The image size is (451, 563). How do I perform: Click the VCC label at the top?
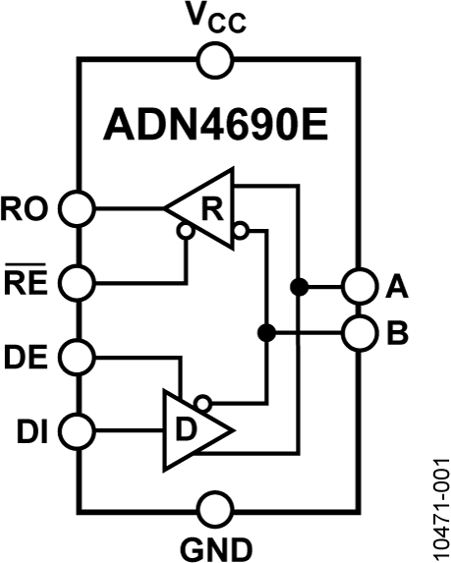click(x=215, y=19)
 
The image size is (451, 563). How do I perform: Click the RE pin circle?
click(x=78, y=283)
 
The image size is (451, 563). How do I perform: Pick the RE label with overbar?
click(x=29, y=283)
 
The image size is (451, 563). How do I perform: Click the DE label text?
click(x=29, y=355)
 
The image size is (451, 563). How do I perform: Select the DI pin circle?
click(x=78, y=428)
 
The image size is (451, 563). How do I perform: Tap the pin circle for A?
click(x=357, y=286)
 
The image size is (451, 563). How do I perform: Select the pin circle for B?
click(x=357, y=333)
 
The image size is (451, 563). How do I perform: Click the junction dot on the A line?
click(x=295, y=286)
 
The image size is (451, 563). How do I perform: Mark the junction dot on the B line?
click(x=264, y=333)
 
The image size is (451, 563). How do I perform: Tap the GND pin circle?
click(x=215, y=511)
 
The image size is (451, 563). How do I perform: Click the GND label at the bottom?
click(x=215, y=546)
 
